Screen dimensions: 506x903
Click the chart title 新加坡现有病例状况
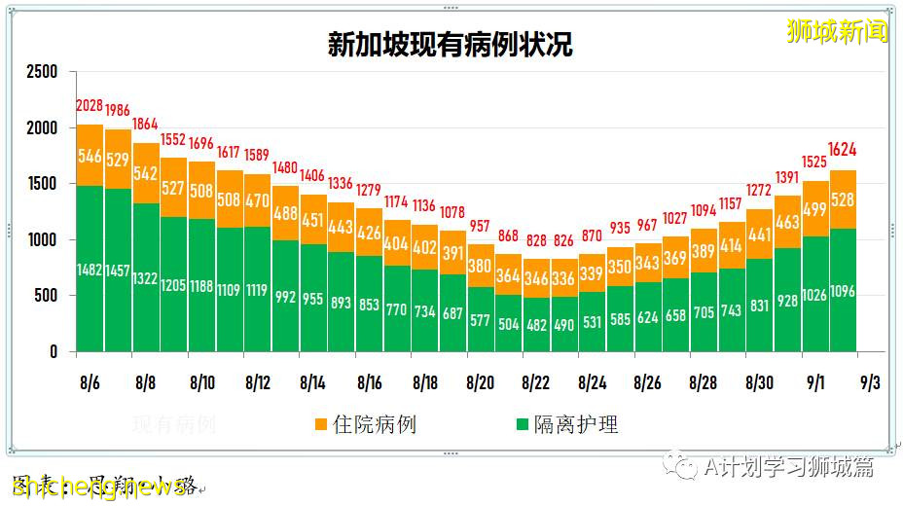point(450,46)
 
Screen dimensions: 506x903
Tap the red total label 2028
point(90,106)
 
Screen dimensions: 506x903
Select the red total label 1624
point(843,150)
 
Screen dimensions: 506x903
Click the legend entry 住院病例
point(364,425)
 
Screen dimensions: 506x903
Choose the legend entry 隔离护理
point(565,425)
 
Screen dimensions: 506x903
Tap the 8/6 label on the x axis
point(90,382)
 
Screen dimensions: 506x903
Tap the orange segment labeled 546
point(90,156)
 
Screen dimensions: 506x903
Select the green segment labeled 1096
point(843,292)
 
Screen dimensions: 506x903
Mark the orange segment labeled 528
point(843,200)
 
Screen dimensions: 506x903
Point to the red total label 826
point(564,240)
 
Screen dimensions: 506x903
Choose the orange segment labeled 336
point(564,278)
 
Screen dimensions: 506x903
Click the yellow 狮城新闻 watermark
point(837,31)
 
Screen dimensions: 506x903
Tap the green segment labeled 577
point(481,319)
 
